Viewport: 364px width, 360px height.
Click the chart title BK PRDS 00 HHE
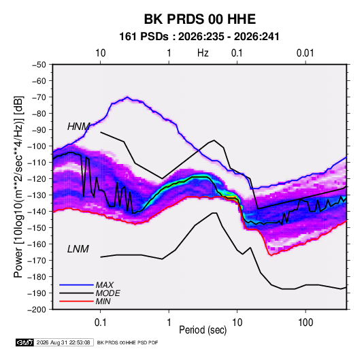click(199, 19)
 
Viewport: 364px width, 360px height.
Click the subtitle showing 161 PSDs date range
click(199, 37)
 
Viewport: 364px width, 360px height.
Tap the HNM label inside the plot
click(78, 127)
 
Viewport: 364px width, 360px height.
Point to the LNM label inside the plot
click(78, 249)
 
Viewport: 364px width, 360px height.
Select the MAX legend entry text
click(105, 285)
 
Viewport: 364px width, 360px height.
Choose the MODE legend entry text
click(108, 293)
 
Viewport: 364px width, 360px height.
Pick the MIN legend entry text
click(103, 301)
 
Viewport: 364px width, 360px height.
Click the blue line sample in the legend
click(76, 285)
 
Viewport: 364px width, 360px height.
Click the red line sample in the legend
click(76, 301)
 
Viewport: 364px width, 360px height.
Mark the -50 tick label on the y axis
click(39, 65)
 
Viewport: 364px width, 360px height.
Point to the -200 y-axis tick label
click(37, 310)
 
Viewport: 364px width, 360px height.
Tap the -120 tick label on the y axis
click(37, 179)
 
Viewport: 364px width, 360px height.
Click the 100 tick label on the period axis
click(305, 323)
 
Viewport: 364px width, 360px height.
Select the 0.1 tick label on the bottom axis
click(100, 323)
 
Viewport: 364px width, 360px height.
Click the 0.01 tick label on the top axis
click(305, 53)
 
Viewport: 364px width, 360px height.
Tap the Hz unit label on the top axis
click(203, 53)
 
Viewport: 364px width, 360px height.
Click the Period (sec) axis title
click(203, 330)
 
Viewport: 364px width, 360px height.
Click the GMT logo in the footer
click(24, 342)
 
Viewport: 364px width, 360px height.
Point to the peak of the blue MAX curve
click(127, 97)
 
